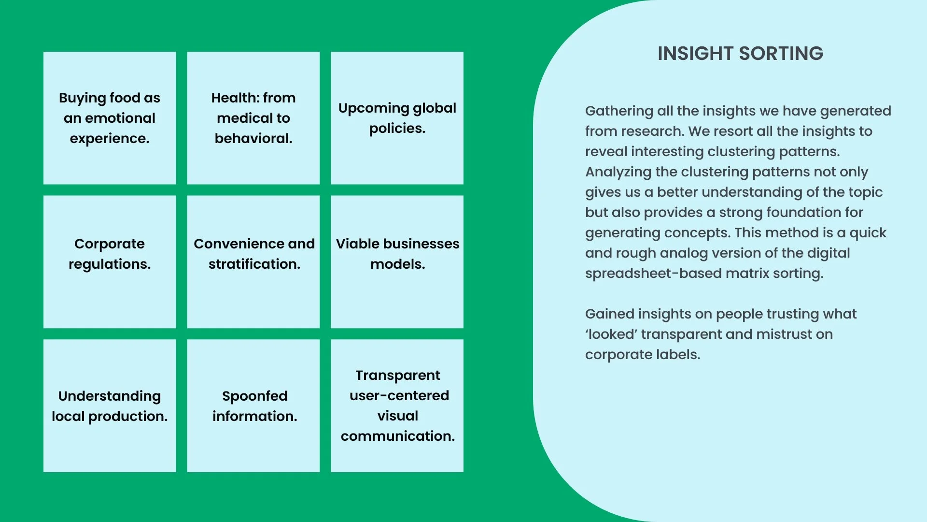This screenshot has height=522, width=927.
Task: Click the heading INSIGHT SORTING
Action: [x=740, y=54]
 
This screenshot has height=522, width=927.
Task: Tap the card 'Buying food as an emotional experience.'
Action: [x=110, y=118]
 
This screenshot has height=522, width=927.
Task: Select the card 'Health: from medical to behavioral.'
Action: [x=253, y=118]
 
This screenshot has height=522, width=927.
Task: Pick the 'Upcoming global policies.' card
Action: [x=397, y=118]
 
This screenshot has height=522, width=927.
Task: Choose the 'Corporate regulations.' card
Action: [x=110, y=261]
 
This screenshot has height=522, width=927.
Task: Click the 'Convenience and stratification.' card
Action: [x=253, y=261]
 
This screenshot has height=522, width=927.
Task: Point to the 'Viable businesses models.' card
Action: [x=397, y=261]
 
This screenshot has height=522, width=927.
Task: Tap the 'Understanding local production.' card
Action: [x=110, y=406]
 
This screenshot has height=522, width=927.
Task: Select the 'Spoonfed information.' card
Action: [x=253, y=406]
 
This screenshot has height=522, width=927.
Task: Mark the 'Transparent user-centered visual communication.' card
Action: [x=397, y=406]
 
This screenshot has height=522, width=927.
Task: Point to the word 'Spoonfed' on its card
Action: [x=254, y=396]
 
